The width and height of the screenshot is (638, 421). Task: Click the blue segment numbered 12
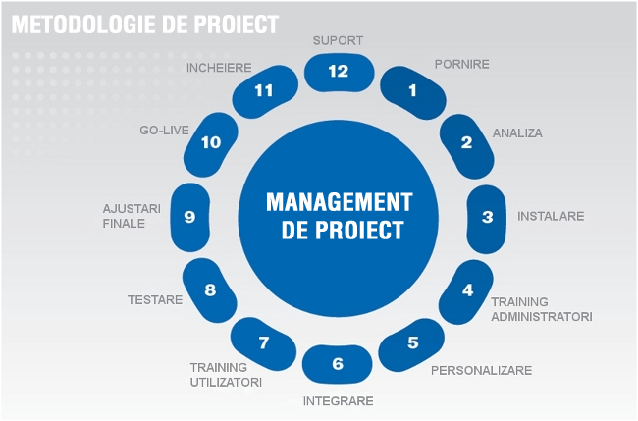[339, 72]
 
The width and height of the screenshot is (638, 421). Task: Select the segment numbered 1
[412, 92]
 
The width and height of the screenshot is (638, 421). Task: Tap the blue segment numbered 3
[487, 219]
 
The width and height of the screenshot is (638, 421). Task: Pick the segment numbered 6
[338, 364]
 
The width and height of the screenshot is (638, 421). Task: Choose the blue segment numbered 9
[190, 217]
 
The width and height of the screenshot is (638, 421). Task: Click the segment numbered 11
[265, 91]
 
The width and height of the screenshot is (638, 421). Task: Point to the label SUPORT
[338, 40]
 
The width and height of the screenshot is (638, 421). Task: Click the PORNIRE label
[462, 64]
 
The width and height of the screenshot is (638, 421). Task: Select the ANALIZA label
[517, 133]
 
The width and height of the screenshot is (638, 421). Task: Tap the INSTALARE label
[551, 216]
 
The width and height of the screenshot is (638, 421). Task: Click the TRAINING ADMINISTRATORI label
[542, 309]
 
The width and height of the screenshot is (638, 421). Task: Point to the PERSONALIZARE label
[481, 371]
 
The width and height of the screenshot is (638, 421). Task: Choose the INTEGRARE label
[338, 401]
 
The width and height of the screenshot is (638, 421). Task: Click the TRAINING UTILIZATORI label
[226, 375]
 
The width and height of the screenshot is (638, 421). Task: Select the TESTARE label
[155, 300]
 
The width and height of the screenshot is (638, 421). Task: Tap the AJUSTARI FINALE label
[132, 216]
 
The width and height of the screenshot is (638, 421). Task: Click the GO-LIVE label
[164, 131]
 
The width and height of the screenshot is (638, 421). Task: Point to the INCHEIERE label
[219, 68]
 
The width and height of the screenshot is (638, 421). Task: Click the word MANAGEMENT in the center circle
[340, 202]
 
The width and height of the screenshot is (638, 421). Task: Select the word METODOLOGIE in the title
[83, 25]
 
